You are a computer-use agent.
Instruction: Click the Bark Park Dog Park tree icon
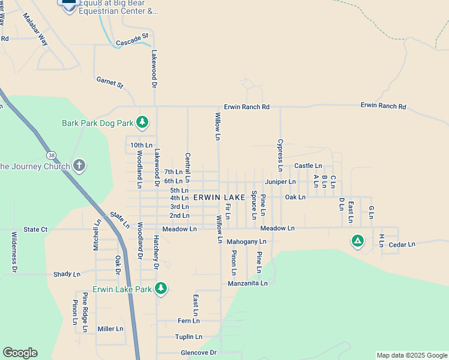click(142, 123)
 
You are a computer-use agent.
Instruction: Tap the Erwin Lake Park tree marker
click(160, 289)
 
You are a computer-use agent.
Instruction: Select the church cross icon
click(79, 166)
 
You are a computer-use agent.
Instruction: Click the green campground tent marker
click(357, 241)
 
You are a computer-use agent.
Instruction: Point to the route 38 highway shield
click(52, 154)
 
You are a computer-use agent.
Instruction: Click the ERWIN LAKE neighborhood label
click(219, 197)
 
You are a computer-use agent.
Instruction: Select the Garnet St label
click(109, 82)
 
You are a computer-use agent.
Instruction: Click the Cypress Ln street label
click(280, 152)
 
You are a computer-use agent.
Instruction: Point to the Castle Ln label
click(308, 166)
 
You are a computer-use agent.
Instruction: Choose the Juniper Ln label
click(280, 181)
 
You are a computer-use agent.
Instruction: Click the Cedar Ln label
click(402, 244)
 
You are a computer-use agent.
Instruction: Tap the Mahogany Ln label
click(246, 242)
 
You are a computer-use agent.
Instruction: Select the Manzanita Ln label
click(247, 283)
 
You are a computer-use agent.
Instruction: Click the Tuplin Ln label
click(188, 337)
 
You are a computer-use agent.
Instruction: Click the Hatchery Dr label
click(155, 251)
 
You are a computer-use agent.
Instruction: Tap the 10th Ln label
click(141, 145)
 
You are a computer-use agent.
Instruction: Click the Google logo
click(20, 353)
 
